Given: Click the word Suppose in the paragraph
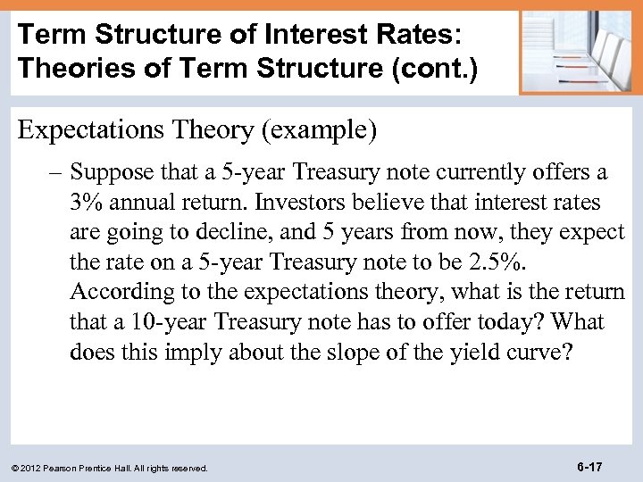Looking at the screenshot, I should pos(106,170).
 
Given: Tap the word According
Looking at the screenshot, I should pos(113,291).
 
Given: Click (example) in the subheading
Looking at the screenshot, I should pos(319,130).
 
